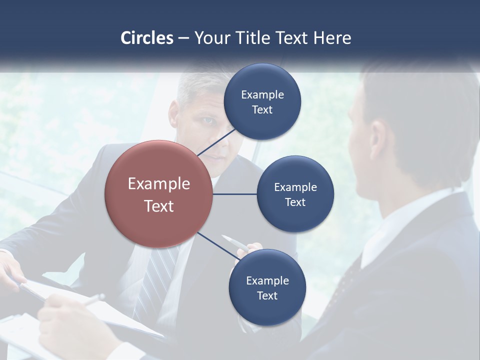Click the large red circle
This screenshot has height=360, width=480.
pyautogui.click(x=159, y=194)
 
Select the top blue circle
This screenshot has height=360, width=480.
pyautogui.click(x=262, y=101)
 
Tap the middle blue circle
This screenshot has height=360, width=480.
pyautogui.click(x=295, y=194)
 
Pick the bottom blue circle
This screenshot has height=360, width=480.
pyautogui.click(x=267, y=287)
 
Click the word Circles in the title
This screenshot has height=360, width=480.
pyautogui.click(x=147, y=38)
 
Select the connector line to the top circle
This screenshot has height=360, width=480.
pyautogui.click(x=216, y=142)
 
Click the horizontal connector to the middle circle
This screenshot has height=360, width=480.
pyautogui.click(x=235, y=194)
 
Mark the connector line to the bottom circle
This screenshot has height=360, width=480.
pyautogui.click(x=218, y=246)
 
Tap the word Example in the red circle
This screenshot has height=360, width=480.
pyautogui.click(x=159, y=184)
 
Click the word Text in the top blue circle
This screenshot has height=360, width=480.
pyautogui.click(x=262, y=110)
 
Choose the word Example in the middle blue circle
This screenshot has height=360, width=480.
pyautogui.click(x=295, y=187)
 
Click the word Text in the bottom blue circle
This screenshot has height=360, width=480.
pyautogui.click(x=267, y=296)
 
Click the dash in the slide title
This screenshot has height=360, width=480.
pyautogui.click(x=183, y=38)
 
